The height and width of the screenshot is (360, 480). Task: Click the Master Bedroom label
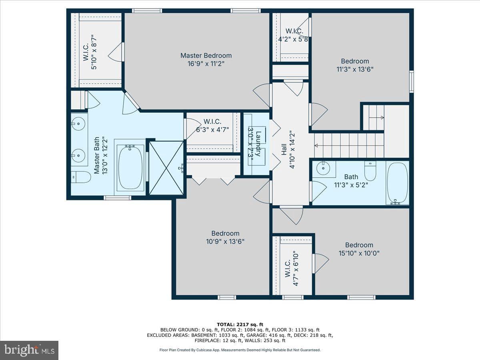pos(206,56)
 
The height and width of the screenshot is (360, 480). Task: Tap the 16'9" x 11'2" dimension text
pos(206,64)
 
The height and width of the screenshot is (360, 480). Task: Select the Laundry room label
pos(258,144)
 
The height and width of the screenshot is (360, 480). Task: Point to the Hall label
pos(284,149)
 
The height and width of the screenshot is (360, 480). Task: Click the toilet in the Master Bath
pos(81,177)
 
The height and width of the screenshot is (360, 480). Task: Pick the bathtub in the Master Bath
pos(130,167)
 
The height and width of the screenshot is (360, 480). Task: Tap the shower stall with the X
pos(166,168)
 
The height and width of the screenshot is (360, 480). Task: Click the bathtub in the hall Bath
pos(397,183)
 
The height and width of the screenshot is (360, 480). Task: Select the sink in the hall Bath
pos(323,168)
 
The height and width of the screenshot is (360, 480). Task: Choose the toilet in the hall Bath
pos(370,170)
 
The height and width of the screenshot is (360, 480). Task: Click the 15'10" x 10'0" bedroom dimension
pos(359,253)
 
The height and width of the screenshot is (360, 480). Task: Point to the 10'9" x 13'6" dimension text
pos(225,242)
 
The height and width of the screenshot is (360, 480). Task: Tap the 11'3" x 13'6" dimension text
pos(355,69)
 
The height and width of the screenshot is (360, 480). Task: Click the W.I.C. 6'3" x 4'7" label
pos(212,126)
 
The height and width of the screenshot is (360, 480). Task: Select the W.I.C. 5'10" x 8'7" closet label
pos(90,52)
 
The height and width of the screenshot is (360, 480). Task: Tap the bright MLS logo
pos(29,350)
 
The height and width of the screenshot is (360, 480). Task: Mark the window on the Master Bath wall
pos(118,198)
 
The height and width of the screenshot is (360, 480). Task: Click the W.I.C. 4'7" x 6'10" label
pos(292,269)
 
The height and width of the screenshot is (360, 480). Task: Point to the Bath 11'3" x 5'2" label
pos(351,181)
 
